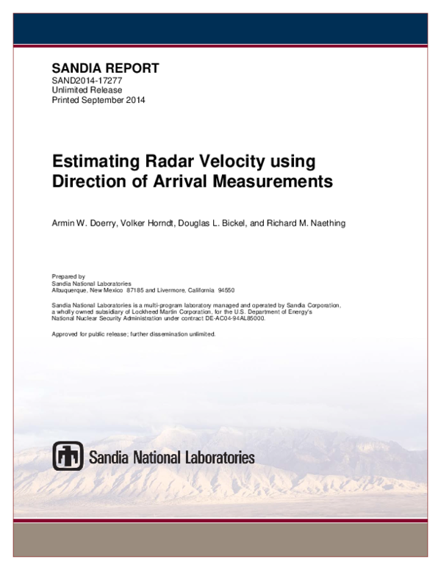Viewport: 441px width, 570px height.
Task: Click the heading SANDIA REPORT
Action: [x=104, y=68]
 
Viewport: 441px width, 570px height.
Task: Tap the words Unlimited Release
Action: [x=87, y=90]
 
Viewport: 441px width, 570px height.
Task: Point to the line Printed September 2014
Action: [x=98, y=101]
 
